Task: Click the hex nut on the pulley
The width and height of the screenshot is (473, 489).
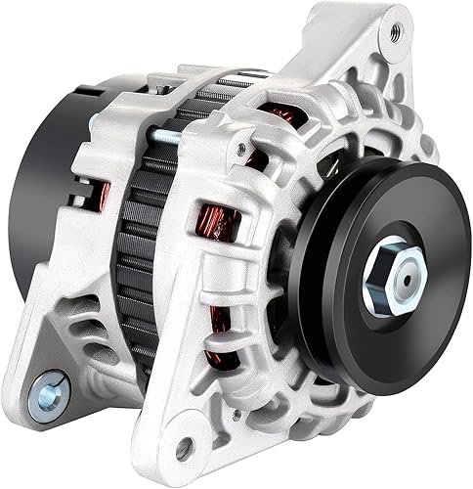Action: [x=395, y=279]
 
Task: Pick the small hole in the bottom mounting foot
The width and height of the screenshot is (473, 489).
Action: [x=184, y=450]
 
